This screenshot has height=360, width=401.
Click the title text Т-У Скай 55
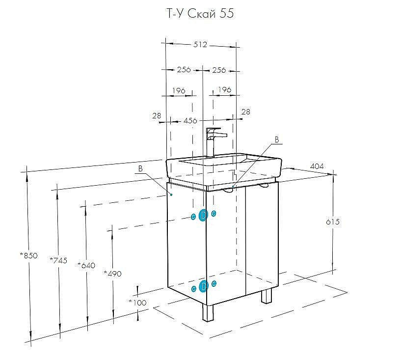tap(199, 14)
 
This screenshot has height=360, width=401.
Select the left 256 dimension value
tap(184, 70)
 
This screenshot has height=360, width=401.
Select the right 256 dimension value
tap(219, 70)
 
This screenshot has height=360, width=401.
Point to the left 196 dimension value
tap(178, 90)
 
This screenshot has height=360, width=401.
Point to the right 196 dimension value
tap(224, 89)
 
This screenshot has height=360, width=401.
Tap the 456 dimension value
tap(190, 121)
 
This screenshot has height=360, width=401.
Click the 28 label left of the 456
tap(157, 116)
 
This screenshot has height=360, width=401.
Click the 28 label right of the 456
tap(246, 112)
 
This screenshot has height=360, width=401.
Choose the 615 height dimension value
tap(332, 222)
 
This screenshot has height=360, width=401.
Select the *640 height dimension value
tap(86, 265)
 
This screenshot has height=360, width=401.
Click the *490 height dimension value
tap(112, 273)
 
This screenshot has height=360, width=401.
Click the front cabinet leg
tap(208, 312)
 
